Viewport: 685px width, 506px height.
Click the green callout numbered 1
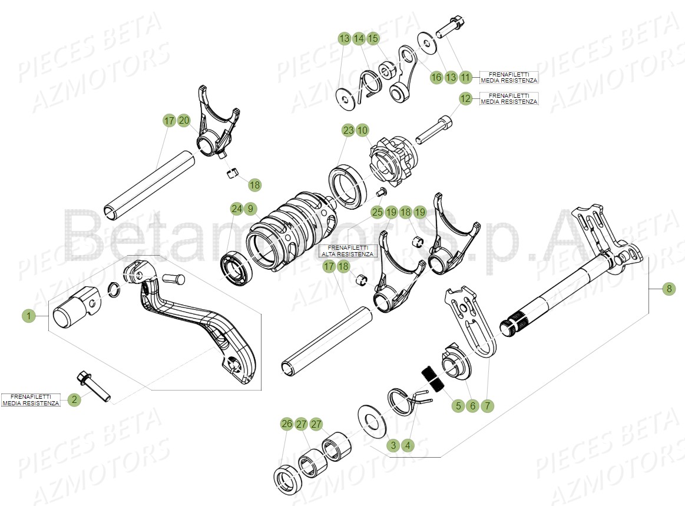pos(28,317)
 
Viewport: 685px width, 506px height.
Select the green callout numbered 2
pos(74,400)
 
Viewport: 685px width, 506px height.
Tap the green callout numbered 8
pos(669,289)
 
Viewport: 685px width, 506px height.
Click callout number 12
pos(465,98)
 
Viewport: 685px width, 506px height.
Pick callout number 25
pos(377,211)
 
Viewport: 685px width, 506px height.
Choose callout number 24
pos(236,208)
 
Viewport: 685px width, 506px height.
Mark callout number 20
pos(184,121)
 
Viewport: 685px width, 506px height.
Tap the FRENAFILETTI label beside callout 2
pos(31,400)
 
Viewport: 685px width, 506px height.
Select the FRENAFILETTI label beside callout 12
pos(509,98)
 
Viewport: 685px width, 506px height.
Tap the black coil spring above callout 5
pos(432,379)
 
